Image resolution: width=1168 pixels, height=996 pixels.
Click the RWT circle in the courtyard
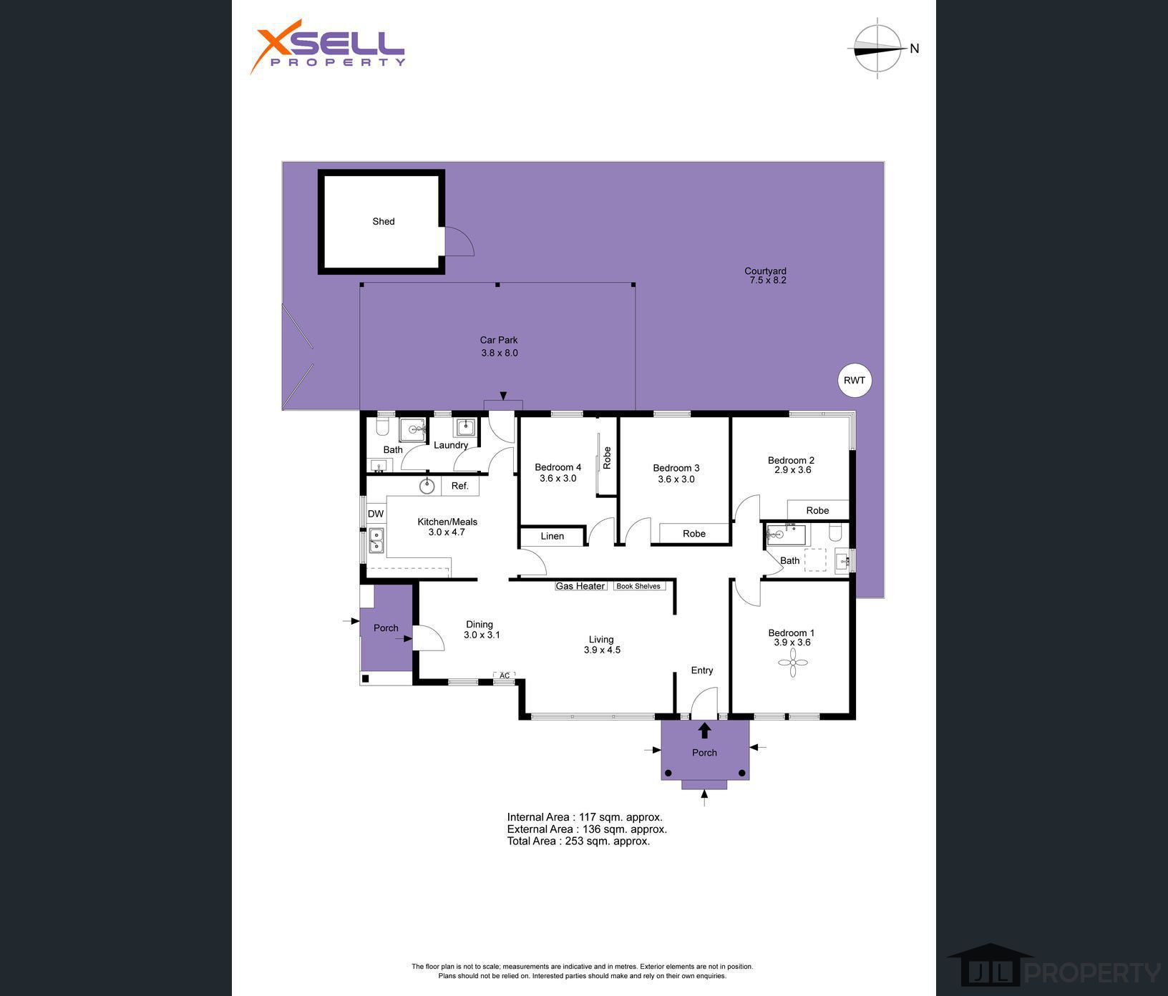[x=855, y=381]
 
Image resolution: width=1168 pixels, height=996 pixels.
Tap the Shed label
[x=384, y=222]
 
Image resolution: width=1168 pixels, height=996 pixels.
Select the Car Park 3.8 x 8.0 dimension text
[x=500, y=353]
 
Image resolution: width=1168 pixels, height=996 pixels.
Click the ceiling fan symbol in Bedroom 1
[x=793, y=663]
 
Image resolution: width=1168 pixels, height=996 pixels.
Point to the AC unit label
[x=505, y=675]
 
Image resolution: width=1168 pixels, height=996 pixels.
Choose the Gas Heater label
[x=580, y=586]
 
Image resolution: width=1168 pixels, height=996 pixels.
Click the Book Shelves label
[x=638, y=586]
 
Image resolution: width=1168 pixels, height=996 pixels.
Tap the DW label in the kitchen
[x=376, y=514]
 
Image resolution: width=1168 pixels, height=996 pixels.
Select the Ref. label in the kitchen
[x=460, y=486]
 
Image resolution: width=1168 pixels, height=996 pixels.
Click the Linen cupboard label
[x=553, y=536]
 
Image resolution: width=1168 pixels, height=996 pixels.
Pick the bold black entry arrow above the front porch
[x=704, y=730]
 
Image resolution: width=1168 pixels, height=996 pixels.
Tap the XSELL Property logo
[x=328, y=47]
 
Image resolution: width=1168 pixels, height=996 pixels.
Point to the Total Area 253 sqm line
[x=578, y=841]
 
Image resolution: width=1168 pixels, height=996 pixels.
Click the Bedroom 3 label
[x=676, y=468]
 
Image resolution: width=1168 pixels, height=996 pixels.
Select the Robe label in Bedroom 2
[x=817, y=510]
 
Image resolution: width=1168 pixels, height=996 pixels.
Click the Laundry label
[x=451, y=445]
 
